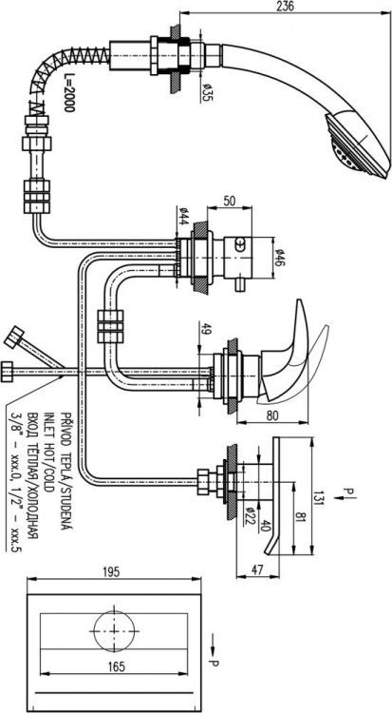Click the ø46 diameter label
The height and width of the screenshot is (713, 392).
coord(280,255)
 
